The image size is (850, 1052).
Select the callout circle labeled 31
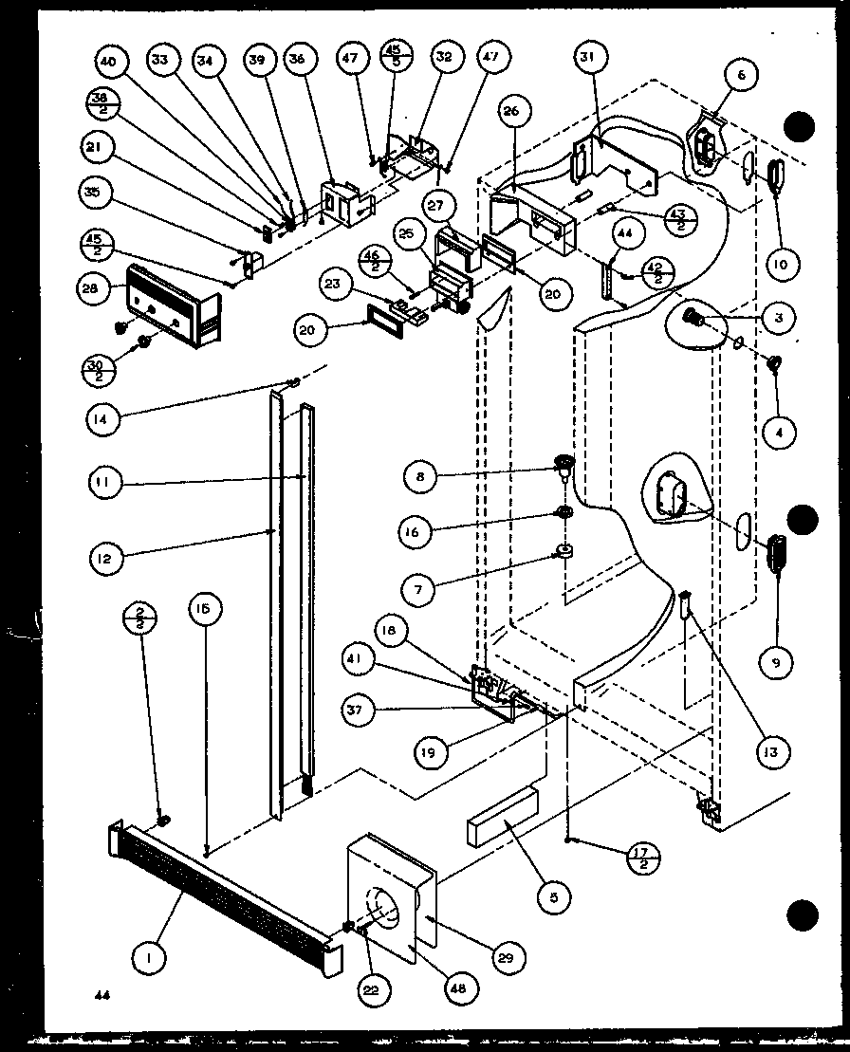[x=589, y=59]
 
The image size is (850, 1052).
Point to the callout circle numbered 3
[x=778, y=318]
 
